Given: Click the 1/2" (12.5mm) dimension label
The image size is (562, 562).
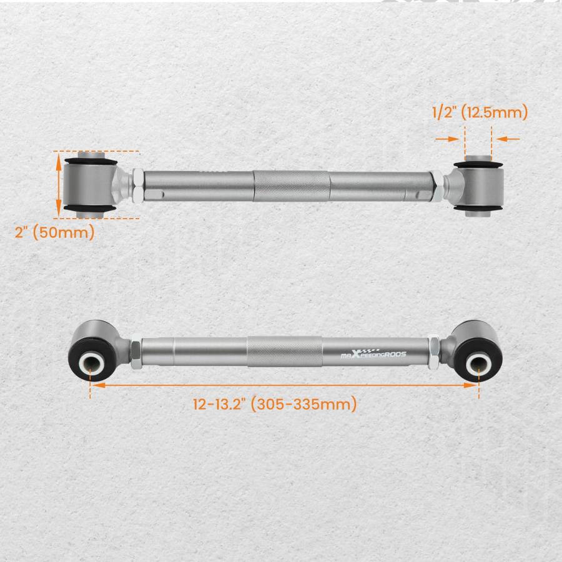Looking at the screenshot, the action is pos(480,112).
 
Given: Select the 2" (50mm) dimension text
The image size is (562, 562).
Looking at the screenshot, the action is pos(54,233).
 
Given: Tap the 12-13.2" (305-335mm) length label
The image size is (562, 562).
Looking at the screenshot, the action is pos(275,404).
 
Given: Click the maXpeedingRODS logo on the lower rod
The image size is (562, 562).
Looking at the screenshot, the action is pos(373,353).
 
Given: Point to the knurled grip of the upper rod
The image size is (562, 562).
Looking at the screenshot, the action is pos(292,185).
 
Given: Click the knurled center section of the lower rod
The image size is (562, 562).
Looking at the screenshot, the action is pos(284,352).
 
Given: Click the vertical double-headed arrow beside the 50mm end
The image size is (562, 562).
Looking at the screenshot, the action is pos(59,186).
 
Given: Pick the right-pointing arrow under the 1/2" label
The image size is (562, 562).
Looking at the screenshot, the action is pos(447,139).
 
